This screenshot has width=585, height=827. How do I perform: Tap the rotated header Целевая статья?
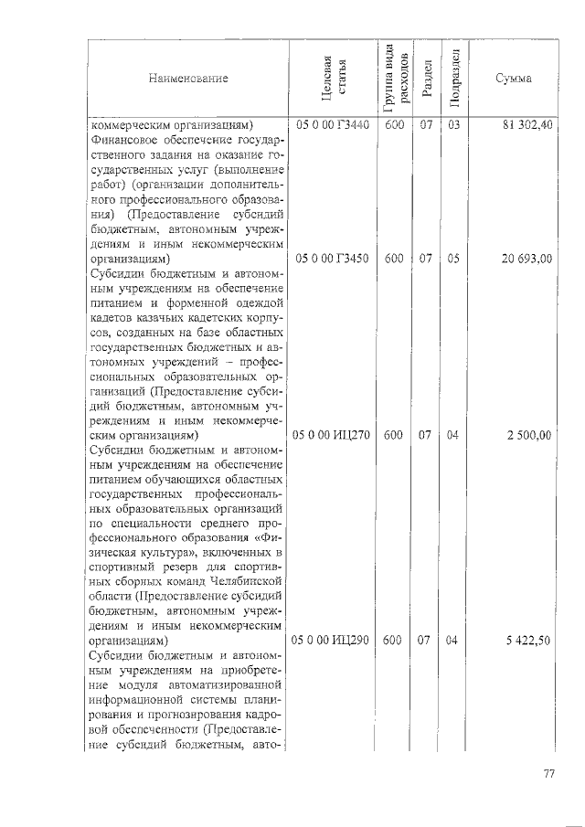(x=329, y=79)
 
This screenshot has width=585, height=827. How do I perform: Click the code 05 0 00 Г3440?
(x=330, y=125)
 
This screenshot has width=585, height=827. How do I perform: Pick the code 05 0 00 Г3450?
(x=330, y=259)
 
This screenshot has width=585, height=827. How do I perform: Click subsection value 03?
(x=452, y=125)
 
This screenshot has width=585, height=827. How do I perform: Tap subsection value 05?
(x=452, y=259)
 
